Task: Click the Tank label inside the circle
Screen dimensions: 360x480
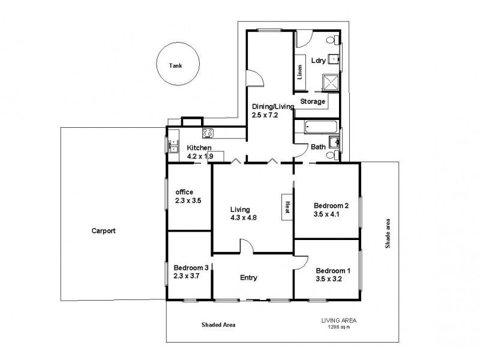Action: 175,67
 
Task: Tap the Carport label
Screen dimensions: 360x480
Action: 103,230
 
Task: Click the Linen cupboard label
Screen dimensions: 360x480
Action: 299,72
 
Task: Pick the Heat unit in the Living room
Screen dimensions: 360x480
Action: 287,207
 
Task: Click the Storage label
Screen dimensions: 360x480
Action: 313,101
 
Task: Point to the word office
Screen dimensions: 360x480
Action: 184,192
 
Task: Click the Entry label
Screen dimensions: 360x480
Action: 248,277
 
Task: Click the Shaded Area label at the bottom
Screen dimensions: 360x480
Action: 218,325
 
